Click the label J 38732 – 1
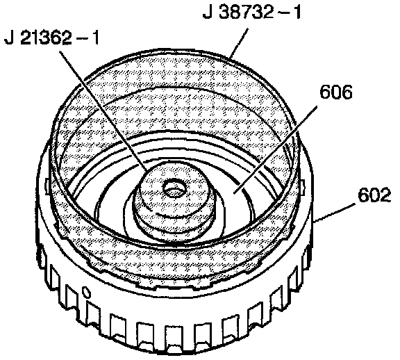[252, 13]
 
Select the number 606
[336, 92]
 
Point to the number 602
[374, 195]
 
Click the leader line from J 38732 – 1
[238, 43]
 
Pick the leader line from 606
[276, 150]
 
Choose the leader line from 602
[335, 213]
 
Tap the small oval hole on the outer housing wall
[87, 293]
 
